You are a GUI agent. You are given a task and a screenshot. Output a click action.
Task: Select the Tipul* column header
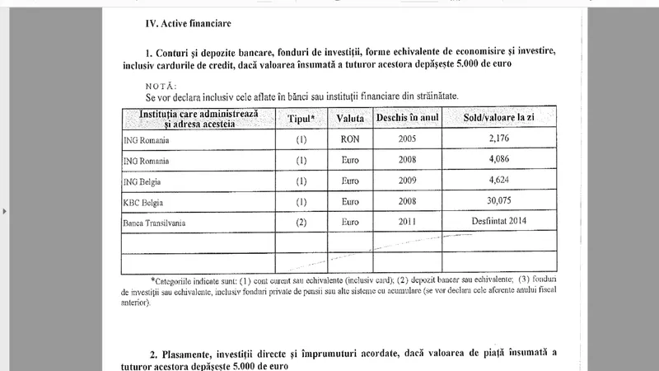pos(301,119)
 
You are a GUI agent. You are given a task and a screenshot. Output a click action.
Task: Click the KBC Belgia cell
pos(146,200)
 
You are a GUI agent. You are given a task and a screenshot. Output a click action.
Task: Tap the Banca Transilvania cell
pos(157,221)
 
